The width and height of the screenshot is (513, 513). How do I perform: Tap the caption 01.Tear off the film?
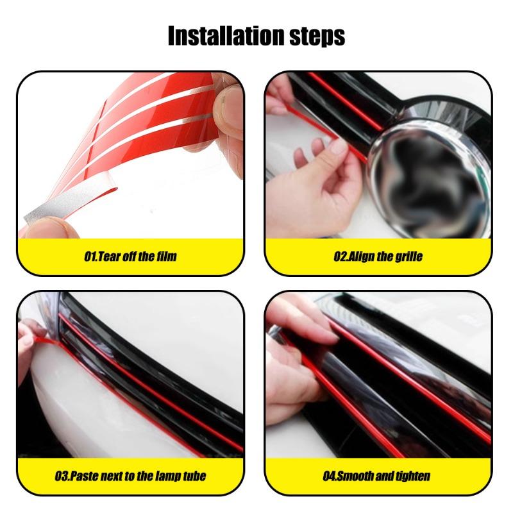(x=130, y=256)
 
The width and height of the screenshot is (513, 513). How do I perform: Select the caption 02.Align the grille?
(x=378, y=256)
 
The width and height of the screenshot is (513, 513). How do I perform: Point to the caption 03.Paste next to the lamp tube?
(x=130, y=476)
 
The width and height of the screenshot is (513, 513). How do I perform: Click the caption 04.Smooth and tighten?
(x=376, y=476)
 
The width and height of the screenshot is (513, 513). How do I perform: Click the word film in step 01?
(x=165, y=256)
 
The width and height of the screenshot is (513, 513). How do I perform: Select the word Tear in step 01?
(x=109, y=256)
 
